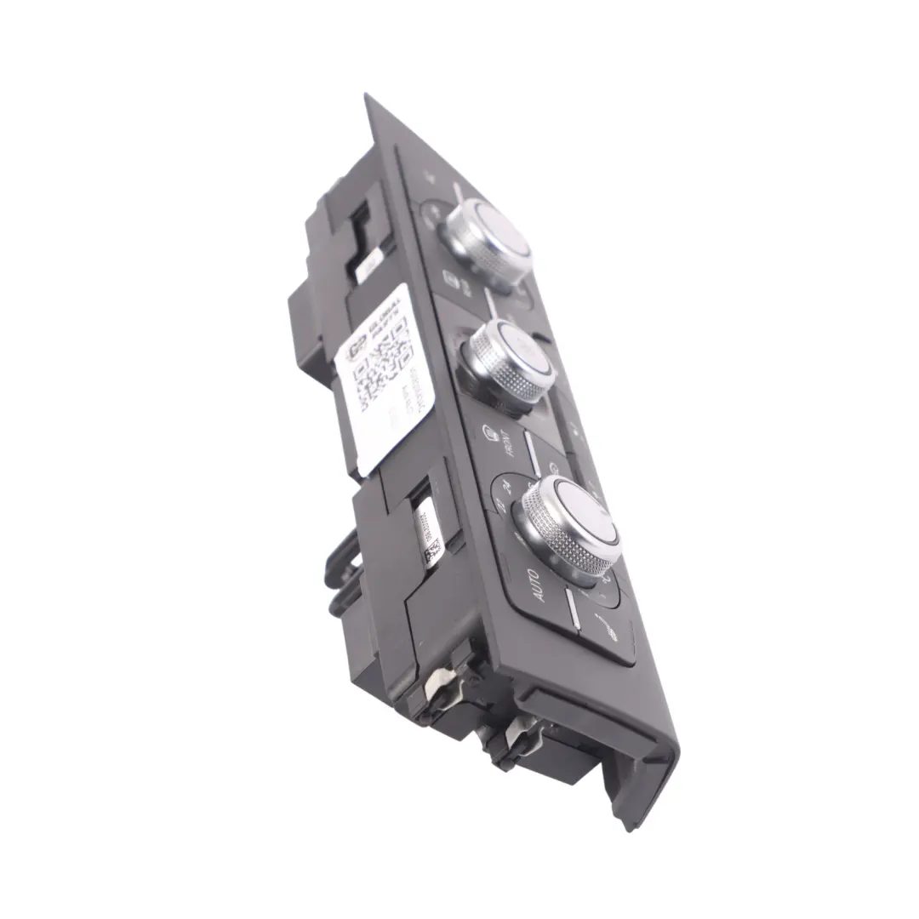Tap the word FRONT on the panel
(504, 442)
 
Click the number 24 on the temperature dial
(508, 487)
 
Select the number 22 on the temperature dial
(499, 505)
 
